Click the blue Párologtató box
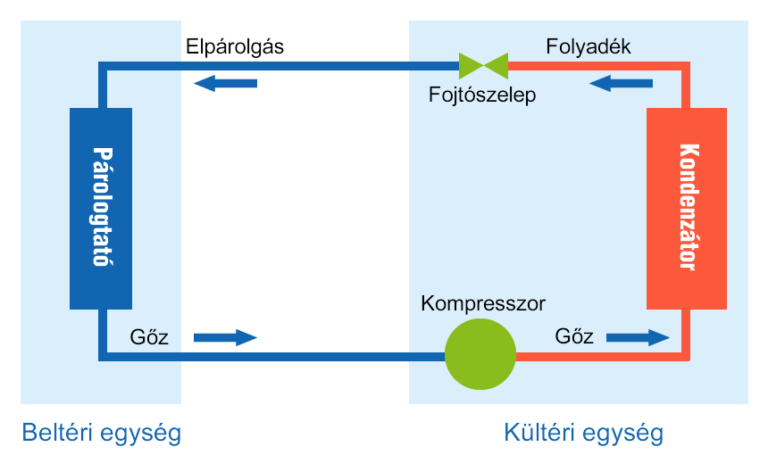click(x=101, y=209)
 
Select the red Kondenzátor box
click(x=687, y=209)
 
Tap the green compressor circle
click(x=480, y=354)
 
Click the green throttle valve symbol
click(x=483, y=66)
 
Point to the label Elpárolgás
click(x=235, y=47)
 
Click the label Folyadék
click(x=588, y=47)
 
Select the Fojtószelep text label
click(x=482, y=95)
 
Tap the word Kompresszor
click(x=483, y=304)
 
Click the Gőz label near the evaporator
click(x=149, y=337)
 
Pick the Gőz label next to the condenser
click(x=574, y=336)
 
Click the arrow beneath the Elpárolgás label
click(x=225, y=83)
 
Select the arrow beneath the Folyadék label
click(x=621, y=83)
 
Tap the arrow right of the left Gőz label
click(x=225, y=337)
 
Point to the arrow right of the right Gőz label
click(x=638, y=337)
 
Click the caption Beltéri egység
click(x=101, y=433)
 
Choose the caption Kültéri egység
click(x=584, y=433)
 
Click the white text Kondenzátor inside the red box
click(x=688, y=207)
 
